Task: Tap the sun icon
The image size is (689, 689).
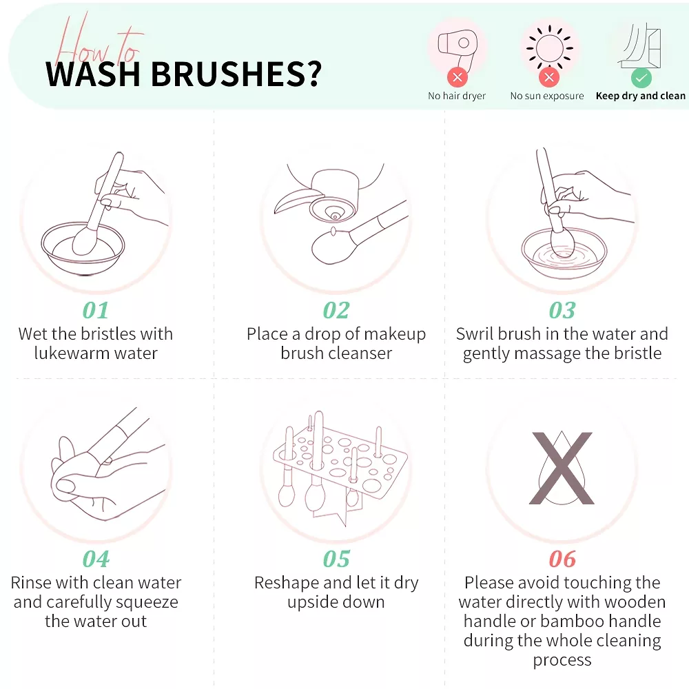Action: coord(549,48)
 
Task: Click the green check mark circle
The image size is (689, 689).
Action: coord(641,79)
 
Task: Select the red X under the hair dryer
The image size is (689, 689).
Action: coord(457,78)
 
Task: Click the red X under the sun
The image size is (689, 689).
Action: coord(549,78)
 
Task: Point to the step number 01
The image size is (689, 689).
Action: coord(95,310)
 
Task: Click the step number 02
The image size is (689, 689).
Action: coord(336,310)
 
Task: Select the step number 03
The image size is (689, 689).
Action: coord(562,310)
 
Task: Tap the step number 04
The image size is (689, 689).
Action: coord(96,559)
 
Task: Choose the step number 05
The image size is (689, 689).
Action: coord(336,559)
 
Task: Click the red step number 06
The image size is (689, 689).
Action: coord(562,559)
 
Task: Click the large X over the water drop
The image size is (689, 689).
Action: coord(562,468)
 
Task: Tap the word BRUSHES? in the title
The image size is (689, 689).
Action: coord(236,74)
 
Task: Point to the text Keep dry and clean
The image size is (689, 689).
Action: coord(640,96)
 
